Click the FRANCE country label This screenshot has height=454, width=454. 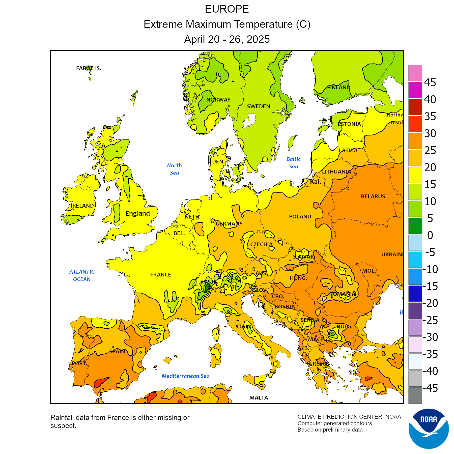(160, 274)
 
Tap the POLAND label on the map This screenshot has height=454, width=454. (300, 216)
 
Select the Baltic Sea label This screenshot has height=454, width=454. (293, 163)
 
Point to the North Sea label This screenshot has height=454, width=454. (174, 169)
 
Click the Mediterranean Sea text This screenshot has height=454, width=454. (185, 376)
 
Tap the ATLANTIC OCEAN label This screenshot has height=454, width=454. (82, 275)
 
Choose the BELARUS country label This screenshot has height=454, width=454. (373, 196)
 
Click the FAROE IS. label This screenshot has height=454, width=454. (89, 68)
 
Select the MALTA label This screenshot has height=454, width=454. (259, 398)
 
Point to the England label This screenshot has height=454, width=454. (137, 213)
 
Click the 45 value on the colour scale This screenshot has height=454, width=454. (430, 82)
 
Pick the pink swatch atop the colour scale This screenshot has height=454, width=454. (415, 73)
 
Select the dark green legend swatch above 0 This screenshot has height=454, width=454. (415, 225)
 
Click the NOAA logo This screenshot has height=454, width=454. (429, 429)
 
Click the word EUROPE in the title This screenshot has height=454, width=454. (227, 9)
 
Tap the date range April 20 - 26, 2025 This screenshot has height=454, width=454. (227, 39)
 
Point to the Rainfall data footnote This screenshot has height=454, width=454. (120, 421)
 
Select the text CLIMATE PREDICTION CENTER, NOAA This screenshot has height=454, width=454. (349, 417)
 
